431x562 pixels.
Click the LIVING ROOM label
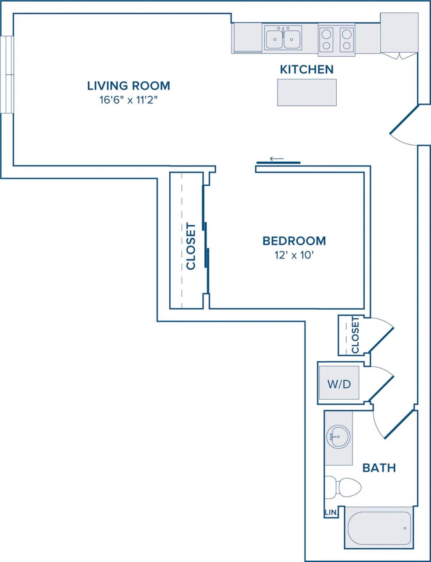coord(128,86)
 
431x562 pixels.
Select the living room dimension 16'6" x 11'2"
coord(128,100)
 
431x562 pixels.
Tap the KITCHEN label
coord(306,69)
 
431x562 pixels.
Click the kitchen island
coord(306,92)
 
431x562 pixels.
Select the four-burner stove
coord(336,39)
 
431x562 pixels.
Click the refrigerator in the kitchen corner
coord(399,33)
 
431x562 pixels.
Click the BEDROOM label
coord(294,241)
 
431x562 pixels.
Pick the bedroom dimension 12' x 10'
coord(294,255)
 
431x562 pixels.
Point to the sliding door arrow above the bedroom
coord(277,159)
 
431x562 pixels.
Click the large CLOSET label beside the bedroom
coord(191,246)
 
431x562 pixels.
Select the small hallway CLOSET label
coord(355,335)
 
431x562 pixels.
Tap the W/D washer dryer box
coord(339,384)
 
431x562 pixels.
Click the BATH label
coord(379,468)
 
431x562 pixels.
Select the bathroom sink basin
coord(338,437)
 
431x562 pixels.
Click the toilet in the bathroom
coord(344,487)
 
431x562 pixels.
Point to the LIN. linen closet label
coord(330,512)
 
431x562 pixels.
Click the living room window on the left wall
coord(7,75)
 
